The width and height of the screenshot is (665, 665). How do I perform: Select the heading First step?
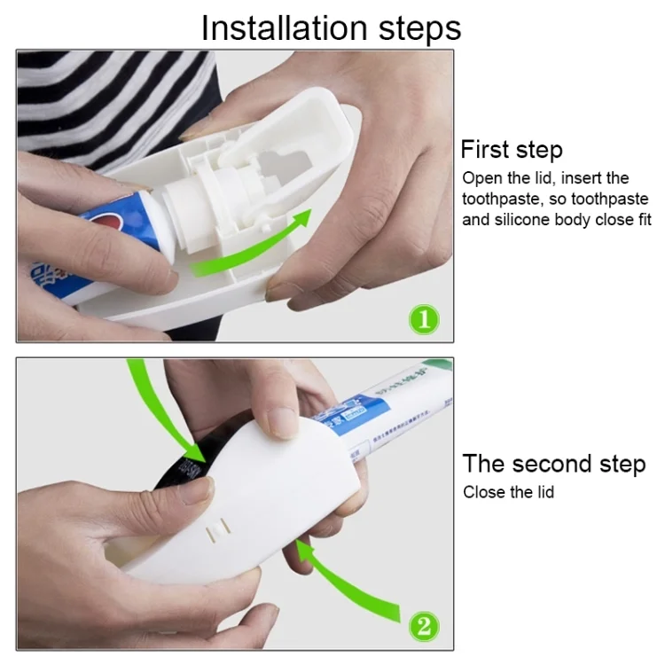click(512, 149)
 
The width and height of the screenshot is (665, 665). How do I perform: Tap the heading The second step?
click(554, 464)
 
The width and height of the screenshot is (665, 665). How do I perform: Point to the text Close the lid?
click(508, 491)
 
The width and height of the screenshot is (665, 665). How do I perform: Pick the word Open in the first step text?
click(481, 178)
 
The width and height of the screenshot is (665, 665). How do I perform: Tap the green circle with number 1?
click(423, 317)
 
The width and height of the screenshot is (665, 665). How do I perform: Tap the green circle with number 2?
click(423, 626)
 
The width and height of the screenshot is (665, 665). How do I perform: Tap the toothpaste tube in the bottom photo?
click(390, 417)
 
